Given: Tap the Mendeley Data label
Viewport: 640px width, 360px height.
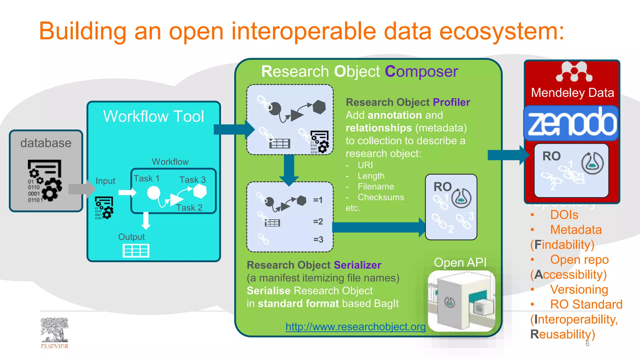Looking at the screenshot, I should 572,93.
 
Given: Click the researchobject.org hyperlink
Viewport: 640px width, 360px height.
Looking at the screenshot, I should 355,327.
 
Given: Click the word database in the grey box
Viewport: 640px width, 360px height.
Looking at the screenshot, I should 46,143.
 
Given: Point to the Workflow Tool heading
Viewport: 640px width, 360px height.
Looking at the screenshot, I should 153,116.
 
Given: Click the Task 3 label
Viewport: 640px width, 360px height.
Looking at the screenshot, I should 192,180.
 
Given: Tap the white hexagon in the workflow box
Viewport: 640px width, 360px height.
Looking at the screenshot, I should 200,191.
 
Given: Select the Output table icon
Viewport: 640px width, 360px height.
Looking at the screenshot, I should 136,251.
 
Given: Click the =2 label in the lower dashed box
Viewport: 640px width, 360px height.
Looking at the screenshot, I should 318,222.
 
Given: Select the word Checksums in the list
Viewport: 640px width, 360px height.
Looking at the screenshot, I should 381,197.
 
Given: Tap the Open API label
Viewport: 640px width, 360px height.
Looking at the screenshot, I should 460,262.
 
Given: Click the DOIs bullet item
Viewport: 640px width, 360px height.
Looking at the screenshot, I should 564,215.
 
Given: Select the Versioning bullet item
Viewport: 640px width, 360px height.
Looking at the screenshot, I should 579,289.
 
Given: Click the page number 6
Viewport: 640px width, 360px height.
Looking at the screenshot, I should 587,344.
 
